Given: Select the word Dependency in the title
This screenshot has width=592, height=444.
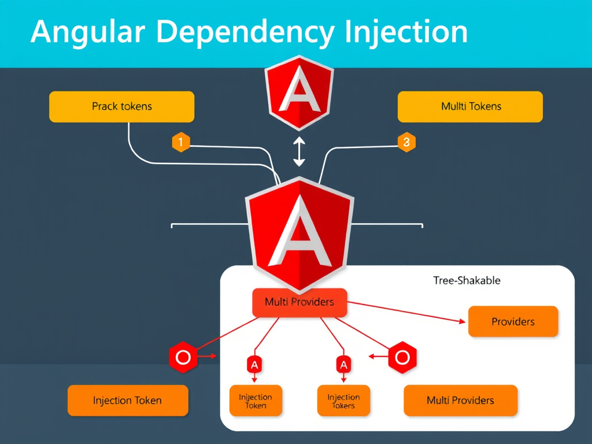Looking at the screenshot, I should point(243,32).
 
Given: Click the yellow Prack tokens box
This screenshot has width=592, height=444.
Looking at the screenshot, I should point(121,106).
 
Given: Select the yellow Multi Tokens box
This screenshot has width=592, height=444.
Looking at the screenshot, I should point(470,106).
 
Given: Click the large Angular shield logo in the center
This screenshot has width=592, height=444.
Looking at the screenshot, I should point(299,231).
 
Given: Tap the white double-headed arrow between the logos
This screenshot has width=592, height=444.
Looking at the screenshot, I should point(299,152).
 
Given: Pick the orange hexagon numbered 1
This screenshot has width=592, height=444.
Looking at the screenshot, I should point(181,142).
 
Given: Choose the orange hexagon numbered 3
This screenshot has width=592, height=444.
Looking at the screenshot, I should point(406,142).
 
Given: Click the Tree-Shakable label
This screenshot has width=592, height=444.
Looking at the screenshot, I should point(467,281).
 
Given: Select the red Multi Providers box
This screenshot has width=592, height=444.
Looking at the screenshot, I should point(299,302).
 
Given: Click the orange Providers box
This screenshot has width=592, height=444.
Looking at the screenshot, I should point(513,321).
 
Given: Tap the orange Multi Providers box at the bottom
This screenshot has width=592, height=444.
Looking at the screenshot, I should point(460,401).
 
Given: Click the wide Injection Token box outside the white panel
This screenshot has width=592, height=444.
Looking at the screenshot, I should point(128,401).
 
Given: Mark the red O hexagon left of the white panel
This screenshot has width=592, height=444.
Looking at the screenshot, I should point(183,357).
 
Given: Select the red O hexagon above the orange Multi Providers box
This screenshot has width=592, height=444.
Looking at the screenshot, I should point(402,357).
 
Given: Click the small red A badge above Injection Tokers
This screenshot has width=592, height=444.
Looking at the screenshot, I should point(343,364).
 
